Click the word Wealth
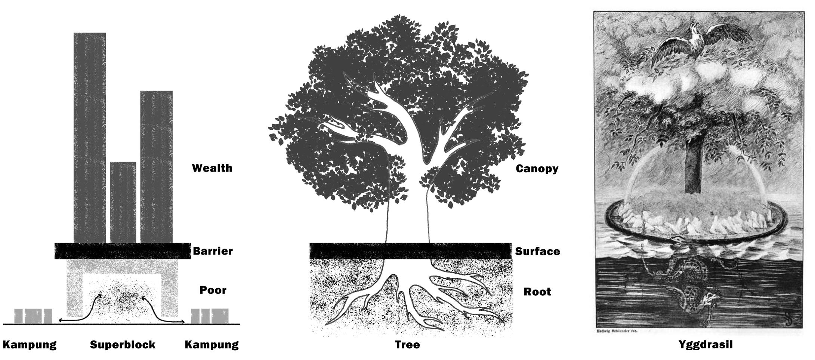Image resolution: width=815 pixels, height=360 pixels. [x=212, y=168]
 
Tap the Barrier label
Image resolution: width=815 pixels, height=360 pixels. [x=213, y=251]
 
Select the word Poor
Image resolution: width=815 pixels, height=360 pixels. [x=213, y=290]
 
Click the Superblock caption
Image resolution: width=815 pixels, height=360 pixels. [x=123, y=345]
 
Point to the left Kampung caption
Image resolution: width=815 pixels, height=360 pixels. [x=30, y=345]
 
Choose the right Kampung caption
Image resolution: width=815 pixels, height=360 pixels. [x=212, y=345]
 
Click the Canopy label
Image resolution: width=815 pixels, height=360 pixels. [x=537, y=169]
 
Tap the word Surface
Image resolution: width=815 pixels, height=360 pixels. [x=537, y=251]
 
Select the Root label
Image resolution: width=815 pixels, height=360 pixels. [x=537, y=292]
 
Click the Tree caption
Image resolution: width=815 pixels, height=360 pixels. [x=407, y=345]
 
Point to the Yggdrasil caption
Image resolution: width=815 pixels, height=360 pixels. [x=705, y=345]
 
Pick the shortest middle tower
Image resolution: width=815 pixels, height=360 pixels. [x=123, y=202]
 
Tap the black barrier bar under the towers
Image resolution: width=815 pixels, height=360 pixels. [x=123, y=251]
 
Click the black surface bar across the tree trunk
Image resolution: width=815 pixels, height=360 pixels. [x=410, y=251]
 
